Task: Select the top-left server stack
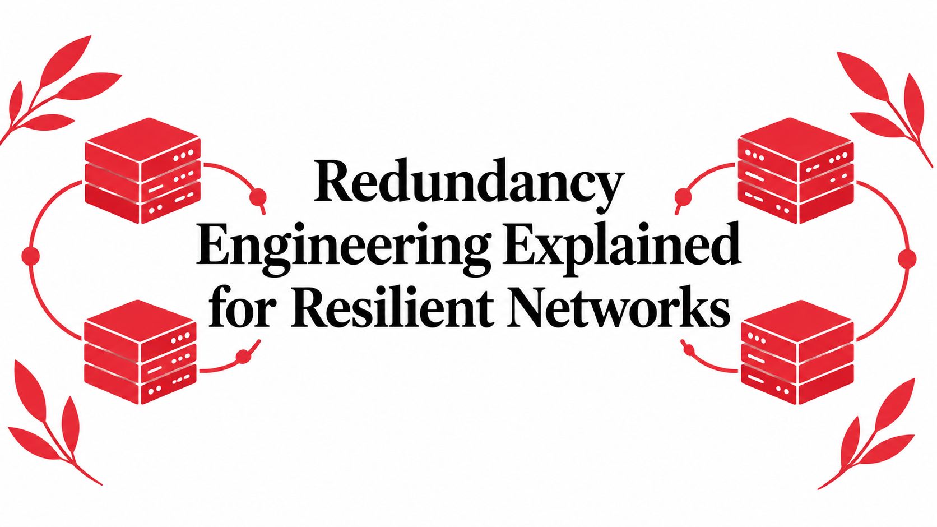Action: pos(143,171)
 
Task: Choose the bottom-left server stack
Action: pos(141,352)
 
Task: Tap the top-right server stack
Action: pos(796,171)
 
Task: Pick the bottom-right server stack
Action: pos(797,352)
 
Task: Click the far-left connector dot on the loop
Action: pos(30,255)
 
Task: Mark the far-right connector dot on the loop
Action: pos(907,257)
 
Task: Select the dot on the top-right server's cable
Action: pos(683,196)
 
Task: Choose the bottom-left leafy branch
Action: pos(52,423)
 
